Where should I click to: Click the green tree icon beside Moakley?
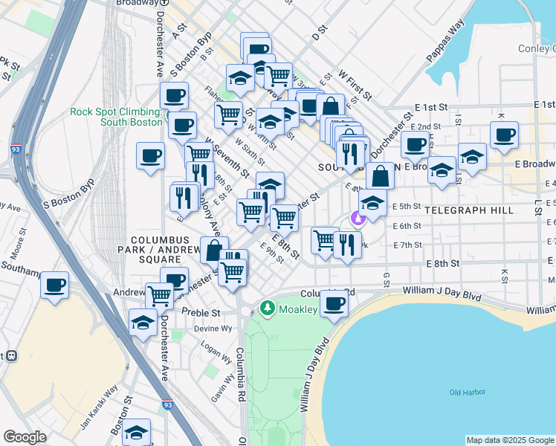[267, 308]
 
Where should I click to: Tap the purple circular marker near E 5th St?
[358, 219]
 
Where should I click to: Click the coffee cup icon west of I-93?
[54, 285]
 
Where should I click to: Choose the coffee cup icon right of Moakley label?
[334, 303]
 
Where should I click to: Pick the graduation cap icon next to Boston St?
[136, 432]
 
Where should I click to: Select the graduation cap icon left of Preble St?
[142, 323]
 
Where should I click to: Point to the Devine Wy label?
[213, 328]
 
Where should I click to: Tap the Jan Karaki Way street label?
[100, 408]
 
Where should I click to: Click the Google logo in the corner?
[25, 437]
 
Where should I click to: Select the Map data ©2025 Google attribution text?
[510, 440]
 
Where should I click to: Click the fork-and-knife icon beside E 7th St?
[347, 245]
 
